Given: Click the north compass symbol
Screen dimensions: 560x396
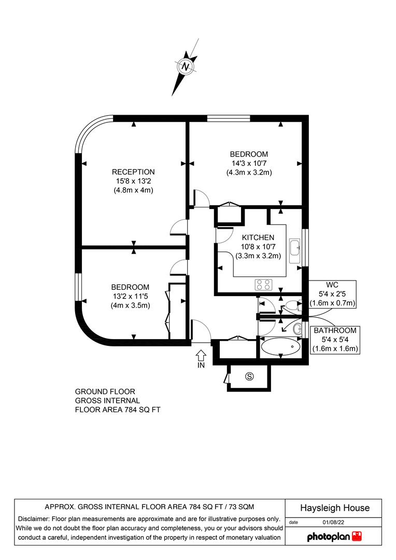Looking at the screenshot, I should tap(186, 67).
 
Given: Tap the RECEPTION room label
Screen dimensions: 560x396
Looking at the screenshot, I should tap(134, 172).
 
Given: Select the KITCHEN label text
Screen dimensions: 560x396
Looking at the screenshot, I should tap(258, 237).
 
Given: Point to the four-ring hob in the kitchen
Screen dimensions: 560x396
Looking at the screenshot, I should tap(263, 285).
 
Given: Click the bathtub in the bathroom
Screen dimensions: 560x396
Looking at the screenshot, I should tap(280, 346).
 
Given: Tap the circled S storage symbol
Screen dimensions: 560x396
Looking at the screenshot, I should tap(249, 376).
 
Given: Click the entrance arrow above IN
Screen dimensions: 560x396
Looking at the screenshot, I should tap(201, 355).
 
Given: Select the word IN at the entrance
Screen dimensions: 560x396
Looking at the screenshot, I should tap(201, 365).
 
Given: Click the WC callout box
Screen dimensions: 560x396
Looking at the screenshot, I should tap(332, 294).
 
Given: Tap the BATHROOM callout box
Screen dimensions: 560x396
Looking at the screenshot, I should tap(334, 340).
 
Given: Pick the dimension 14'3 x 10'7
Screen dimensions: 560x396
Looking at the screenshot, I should tap(249, 163).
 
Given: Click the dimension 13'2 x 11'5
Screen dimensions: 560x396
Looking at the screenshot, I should tap(130, 297).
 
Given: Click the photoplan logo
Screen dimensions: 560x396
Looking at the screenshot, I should tap(334, 536).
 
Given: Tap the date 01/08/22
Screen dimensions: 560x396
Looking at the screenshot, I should tap(333, 523).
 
